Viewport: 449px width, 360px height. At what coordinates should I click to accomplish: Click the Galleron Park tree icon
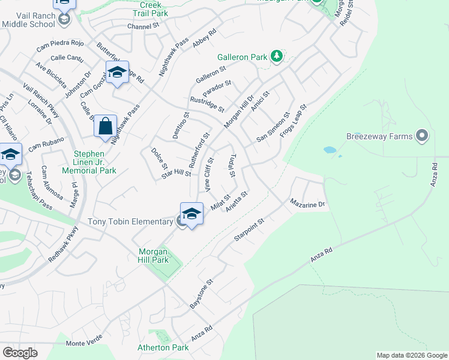click(x=276, y=57)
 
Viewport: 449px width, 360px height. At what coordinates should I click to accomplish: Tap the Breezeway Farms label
click(x=379, y=136)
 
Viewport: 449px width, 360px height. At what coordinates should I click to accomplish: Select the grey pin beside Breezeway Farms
click(x=422, y=136)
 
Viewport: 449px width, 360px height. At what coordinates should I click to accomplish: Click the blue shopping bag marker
click(x=106, y=127)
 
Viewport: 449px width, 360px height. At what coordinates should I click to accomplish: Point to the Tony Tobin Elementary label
click(x=130, y=222)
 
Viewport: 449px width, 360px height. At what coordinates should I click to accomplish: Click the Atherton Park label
click(x=163, y=347)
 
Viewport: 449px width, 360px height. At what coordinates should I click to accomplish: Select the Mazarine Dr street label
click(x=307, y=204)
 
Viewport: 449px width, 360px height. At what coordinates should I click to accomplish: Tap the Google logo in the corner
click(x=20, y=353)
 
